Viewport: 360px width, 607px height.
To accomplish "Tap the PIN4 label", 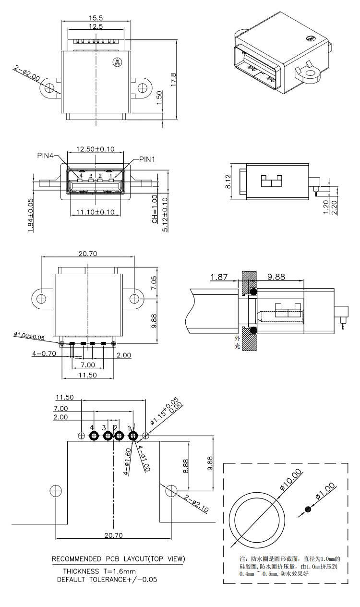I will (47, 156).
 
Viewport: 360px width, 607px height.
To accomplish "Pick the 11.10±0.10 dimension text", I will (96, 212).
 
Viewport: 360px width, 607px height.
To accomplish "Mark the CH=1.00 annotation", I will (155, 209).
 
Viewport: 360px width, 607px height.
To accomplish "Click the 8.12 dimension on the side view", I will (228, 182).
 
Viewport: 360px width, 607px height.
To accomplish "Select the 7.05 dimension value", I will (153, 283).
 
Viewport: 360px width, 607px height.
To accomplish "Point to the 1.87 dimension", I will (219, 277).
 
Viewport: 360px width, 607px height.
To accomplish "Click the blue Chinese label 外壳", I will (237, 342).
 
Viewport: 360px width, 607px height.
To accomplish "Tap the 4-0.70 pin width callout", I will (44, 353).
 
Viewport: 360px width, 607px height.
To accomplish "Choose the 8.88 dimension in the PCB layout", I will (186, 466).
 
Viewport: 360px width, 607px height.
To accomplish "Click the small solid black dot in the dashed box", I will (308, 509).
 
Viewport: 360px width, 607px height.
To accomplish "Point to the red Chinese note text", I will (289, 566).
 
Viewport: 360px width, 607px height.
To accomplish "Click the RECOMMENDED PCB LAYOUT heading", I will (118, 559).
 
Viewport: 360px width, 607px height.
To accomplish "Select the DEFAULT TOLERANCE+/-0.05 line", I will (107, 579).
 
